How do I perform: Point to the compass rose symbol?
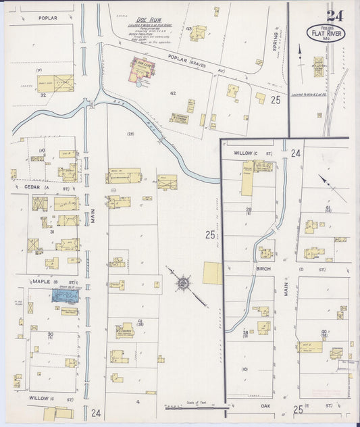(183, 282)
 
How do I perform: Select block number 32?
(43, 95)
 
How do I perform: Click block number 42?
(173, 93)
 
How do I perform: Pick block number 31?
(51, 232)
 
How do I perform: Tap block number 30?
(50, 334)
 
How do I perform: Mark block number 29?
(249, 210)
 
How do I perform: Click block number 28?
(245, 332)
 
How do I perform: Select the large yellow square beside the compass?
(212, 273)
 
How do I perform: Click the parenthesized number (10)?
(245, 369)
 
